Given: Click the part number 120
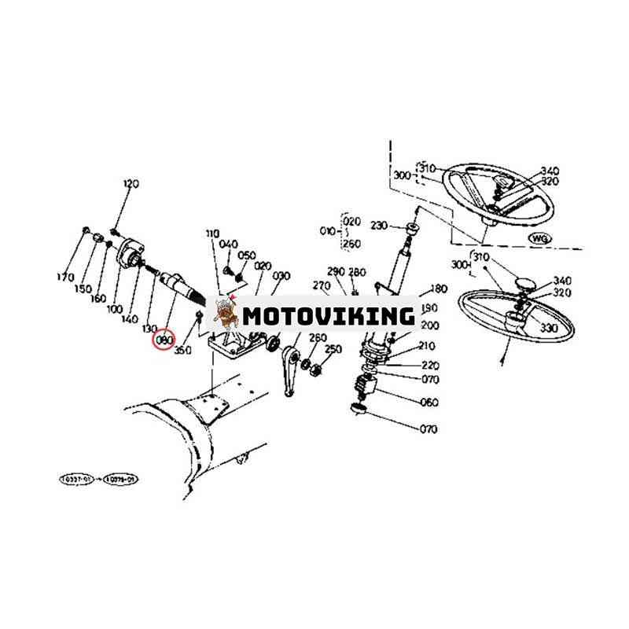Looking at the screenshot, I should pos(131,184).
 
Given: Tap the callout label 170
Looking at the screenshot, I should pos(65,278).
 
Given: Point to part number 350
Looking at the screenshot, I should pos(182,350).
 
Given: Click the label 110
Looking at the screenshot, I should pos(213,234).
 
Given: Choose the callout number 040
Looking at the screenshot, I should pos(229,245).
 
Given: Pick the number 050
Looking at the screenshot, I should pos(247,256).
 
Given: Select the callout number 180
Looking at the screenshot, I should pos(439,289).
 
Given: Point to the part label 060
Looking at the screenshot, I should pos(430,403).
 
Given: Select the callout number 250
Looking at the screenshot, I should pos(333,349).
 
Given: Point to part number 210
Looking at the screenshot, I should pos(428,346).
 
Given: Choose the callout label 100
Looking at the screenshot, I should pos(116,310).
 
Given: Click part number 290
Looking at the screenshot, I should pos(337,271).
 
